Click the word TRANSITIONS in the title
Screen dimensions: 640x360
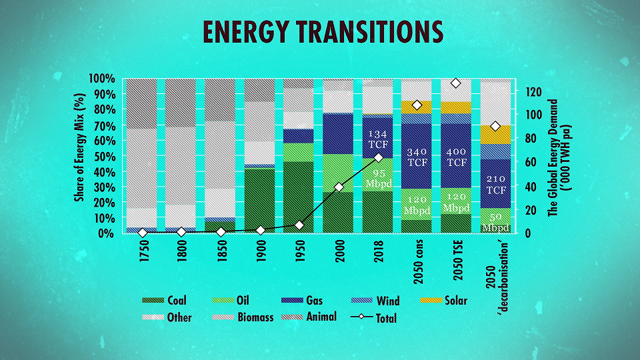369,32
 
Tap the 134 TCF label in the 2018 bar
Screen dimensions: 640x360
378,139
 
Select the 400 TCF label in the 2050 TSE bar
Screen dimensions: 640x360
456,157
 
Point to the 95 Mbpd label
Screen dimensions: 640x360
379,179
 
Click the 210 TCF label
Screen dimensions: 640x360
496,185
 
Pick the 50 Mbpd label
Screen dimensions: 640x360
495,223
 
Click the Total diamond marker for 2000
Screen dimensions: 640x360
339,187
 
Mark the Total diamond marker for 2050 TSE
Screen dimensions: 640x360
456,83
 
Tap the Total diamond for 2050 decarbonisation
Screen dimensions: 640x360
495,126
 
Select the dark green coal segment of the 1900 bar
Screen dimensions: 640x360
259,200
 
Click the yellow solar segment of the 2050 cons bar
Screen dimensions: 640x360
416,107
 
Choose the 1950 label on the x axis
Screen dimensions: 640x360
300,251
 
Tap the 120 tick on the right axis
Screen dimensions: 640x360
533,92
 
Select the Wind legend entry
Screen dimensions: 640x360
375,301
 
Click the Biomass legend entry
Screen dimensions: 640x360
243,317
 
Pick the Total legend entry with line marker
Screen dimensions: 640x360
373,317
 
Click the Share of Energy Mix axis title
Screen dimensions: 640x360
79,148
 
